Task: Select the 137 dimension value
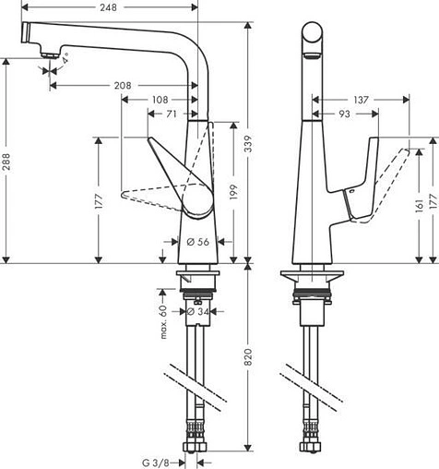[x=362, y=98]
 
